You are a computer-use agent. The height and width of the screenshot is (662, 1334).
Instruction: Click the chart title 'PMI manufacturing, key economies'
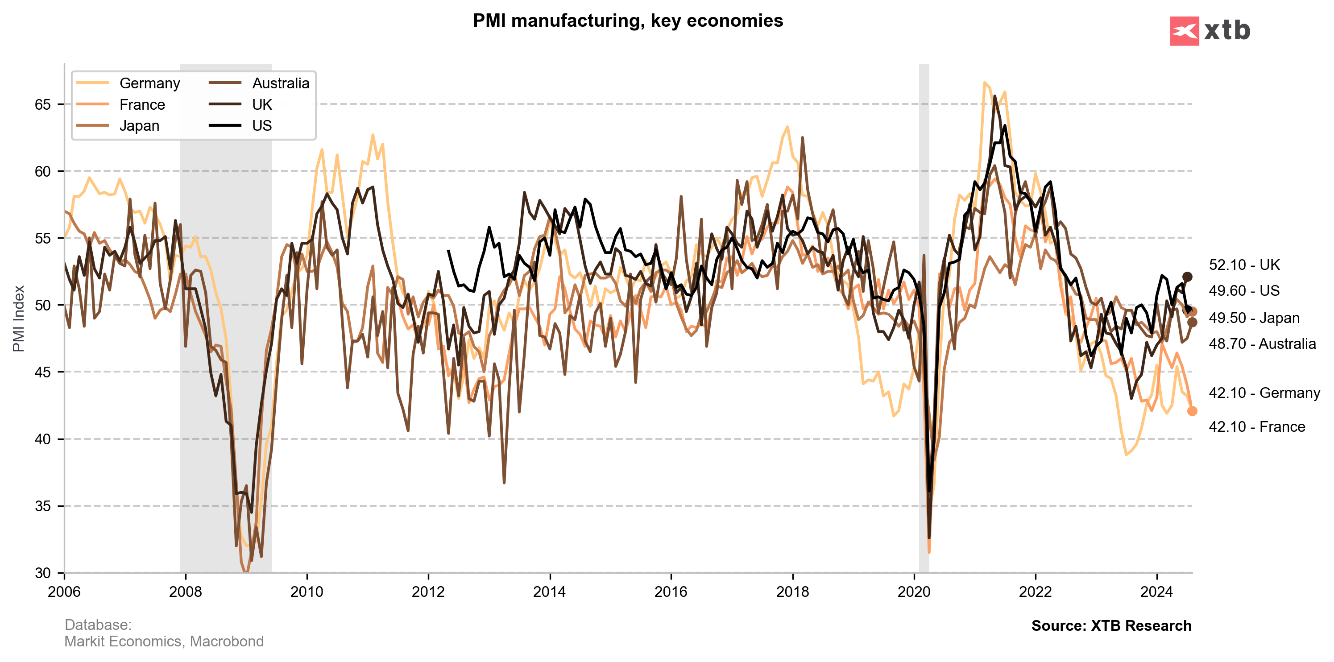[x=628, y=21]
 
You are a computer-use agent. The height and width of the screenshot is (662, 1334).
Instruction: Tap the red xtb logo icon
[x=1184, y=31]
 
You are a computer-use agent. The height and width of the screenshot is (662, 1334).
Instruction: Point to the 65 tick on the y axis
[x=42, y=104]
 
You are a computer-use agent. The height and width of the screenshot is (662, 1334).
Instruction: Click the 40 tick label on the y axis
[x=42, y=439]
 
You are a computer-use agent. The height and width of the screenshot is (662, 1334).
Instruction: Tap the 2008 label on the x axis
[x=186, y=592]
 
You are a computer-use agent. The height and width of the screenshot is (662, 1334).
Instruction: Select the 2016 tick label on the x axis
[x=671, y=592]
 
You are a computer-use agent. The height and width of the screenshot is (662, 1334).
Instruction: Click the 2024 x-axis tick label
[x=1156, y=592]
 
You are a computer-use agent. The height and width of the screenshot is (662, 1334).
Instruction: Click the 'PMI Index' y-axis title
[x=19, y=319]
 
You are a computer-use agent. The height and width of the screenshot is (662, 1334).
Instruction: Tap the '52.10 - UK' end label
[x=1244, y=265]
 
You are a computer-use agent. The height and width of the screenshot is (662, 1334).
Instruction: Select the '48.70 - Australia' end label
[x=1262, y=343]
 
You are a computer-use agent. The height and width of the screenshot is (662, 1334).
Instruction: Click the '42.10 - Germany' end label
[x=1264, y=393]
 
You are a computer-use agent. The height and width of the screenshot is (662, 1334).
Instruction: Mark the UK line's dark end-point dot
[x=1187, y=277]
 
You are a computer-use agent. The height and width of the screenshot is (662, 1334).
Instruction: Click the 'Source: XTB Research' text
[x=1111, y=626]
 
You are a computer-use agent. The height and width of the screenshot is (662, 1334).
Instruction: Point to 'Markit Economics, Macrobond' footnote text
[x=164, y=641]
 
